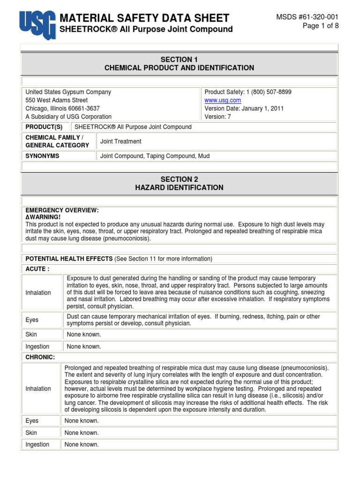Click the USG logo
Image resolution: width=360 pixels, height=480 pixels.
coord(37,24)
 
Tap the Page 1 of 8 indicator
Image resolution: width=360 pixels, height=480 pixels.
coord(321,26)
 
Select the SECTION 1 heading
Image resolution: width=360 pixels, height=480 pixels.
coord(179,60)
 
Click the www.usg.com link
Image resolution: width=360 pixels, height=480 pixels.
coord(223,100)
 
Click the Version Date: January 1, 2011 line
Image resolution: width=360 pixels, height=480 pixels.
coord(244,108)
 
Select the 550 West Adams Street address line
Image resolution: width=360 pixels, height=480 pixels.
coord(56,100)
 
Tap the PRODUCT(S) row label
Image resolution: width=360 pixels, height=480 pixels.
coord(44,127)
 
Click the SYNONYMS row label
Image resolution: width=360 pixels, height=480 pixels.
coord(42,156)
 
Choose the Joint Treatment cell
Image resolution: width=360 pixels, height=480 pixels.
coord(121,142)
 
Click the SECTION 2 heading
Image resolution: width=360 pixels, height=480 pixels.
coord(179,179)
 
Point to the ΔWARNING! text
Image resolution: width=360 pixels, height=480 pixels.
coord(43,217)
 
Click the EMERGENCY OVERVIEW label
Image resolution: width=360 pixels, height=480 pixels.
coord(62,210)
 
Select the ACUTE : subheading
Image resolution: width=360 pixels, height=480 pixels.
coord(37,269)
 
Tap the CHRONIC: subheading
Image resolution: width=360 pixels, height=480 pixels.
coord(40,357)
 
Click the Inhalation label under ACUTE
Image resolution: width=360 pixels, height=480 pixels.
coord(38,292)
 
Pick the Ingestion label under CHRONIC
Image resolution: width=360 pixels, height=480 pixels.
coord(37,444)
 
